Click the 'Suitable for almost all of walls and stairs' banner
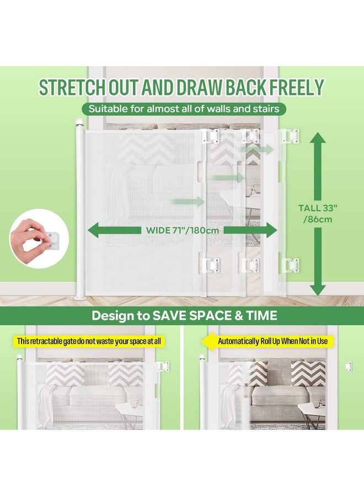click(184, 109)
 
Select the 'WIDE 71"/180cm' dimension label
click(183, 230)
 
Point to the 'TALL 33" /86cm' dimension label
click(318, 213)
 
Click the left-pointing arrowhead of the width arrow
click(94, 230)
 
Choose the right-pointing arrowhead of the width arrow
click(270, 230)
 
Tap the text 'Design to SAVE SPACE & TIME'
click(184, 316)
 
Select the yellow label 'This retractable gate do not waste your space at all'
click(89, 341)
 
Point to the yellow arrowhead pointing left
click(208, 341)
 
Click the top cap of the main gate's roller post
click(79, 122)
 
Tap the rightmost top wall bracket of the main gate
click(290, 136)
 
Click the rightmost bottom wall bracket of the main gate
click(290, 265)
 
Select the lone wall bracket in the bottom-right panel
click(349, 366)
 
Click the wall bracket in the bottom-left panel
click(163, 367)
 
